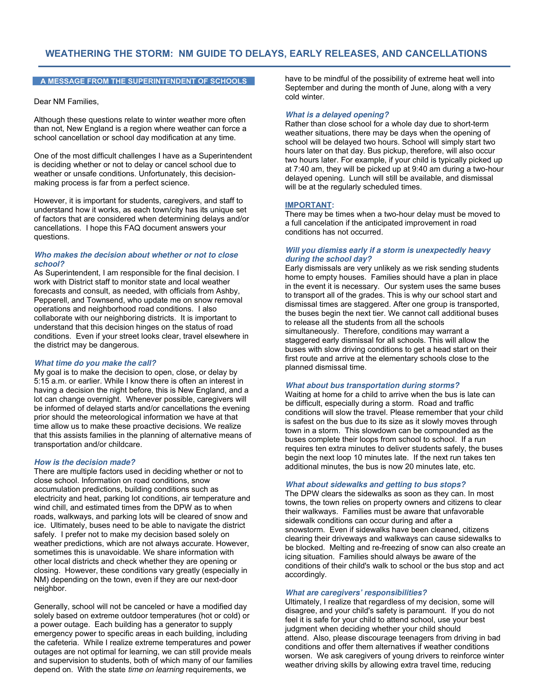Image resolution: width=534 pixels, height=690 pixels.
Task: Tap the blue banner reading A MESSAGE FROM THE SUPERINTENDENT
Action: point(143,81)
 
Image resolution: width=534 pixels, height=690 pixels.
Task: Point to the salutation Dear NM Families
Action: point(66,101)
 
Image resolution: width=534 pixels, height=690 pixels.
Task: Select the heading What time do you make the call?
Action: point(95,363)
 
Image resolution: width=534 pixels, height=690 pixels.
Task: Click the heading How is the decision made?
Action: point(84,462)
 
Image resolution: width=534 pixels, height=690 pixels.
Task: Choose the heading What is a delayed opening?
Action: point(337,115)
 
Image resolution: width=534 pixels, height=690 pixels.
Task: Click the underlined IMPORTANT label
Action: point(308,205)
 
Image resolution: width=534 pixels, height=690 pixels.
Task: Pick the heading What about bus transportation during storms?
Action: point(372,385)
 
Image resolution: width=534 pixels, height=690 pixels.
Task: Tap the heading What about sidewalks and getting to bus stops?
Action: point(375,485)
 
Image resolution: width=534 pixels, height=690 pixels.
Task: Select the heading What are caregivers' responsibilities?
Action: point(356,593)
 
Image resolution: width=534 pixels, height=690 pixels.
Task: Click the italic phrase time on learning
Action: point(155,670)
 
